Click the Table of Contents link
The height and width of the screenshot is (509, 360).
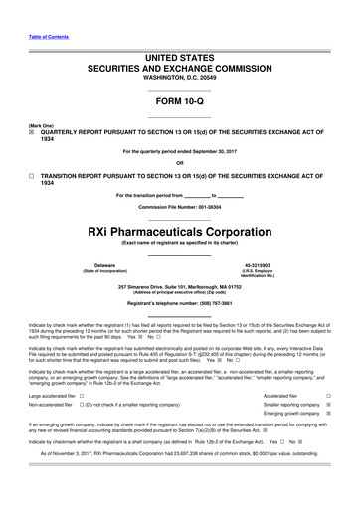click(x=47, y=36)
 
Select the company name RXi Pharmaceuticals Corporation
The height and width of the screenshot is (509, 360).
click(x=179, y=228)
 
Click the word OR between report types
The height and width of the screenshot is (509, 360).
click(x=179, y=163)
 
